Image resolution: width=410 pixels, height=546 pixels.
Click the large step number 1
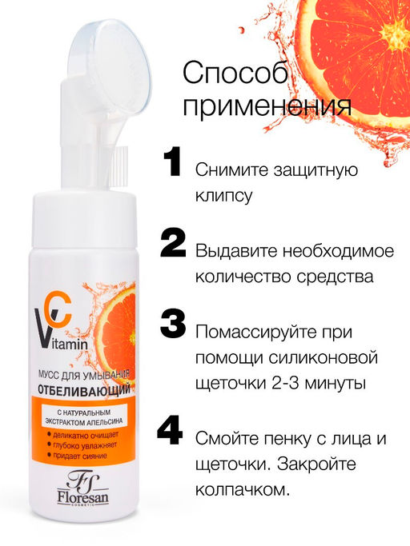[172, 161]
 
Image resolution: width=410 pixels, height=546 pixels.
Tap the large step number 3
[173, 324]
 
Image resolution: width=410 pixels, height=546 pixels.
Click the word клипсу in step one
[223, 197]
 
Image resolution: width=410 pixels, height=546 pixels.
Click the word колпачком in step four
[243, 490]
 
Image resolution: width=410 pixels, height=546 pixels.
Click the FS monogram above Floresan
[82, 481]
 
